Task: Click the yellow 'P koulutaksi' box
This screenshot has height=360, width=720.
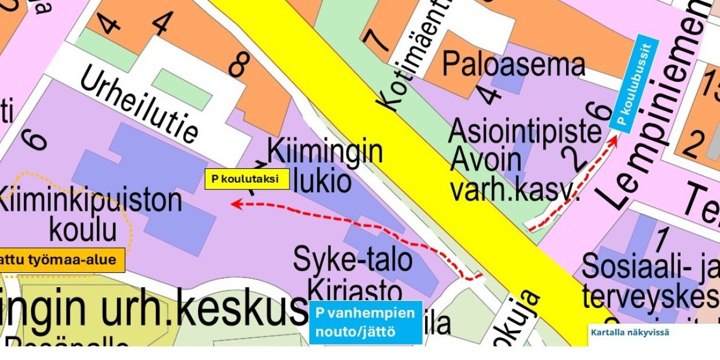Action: [247, 179]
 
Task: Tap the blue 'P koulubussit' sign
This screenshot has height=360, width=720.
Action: [635, 84]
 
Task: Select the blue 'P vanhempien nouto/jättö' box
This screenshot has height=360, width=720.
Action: [365, 323]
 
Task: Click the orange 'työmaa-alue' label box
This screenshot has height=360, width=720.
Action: [62, 260]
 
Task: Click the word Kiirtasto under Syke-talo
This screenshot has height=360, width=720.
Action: [355, 292]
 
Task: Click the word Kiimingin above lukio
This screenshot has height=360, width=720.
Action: [325, 152]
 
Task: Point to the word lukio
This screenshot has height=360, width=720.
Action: [322, 181]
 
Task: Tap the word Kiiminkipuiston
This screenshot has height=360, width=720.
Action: [90, 201]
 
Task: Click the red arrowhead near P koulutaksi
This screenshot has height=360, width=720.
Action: [235, 204]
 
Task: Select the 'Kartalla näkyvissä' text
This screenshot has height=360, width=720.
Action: [630, 332]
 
